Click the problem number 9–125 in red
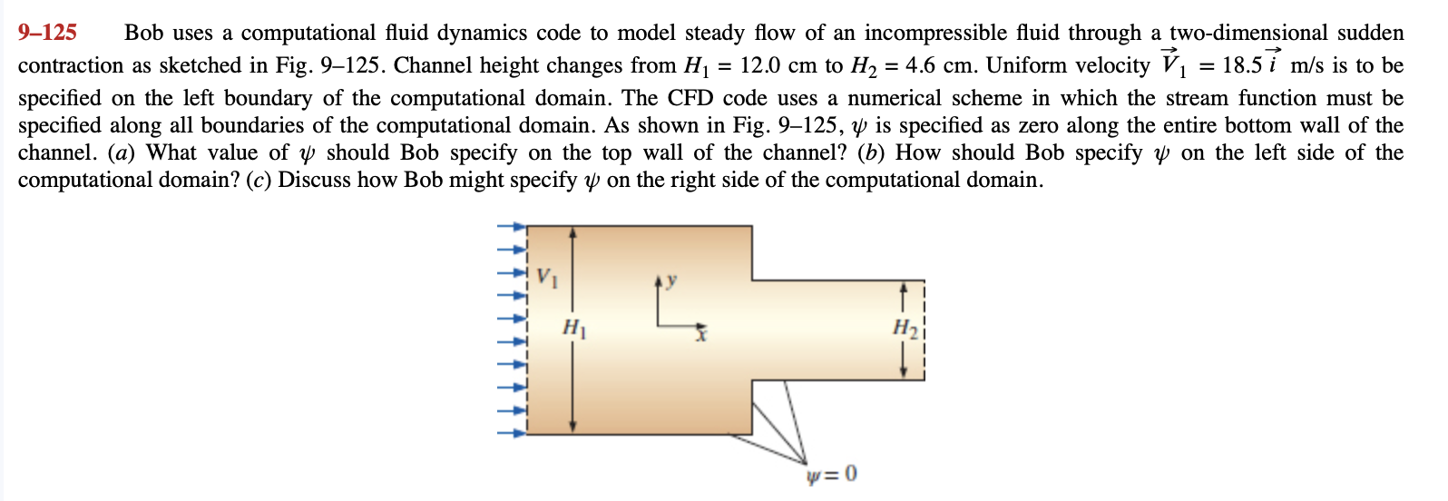coord(47,34)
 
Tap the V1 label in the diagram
coord(546,277)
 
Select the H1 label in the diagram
coord(574,327)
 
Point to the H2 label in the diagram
coord(905,327)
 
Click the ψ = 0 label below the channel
coord(831,475)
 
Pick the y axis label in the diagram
coord(671,280)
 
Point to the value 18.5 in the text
coord(1242,66)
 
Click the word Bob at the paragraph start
coord(145,34)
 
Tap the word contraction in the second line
coord(69,66)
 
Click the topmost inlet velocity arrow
coord(512,227)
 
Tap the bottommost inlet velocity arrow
coord(512,433)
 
